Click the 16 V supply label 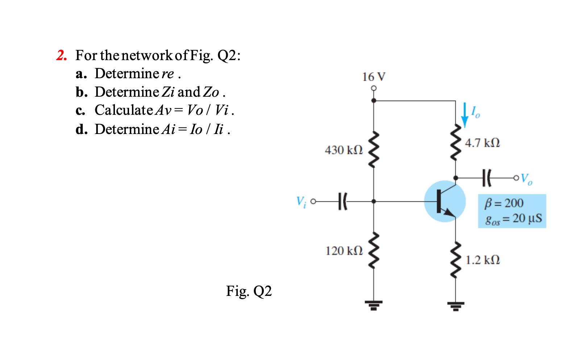(374, 77)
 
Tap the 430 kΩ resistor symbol (374, 149)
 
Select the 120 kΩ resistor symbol (374, 251)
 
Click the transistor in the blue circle (444, 201)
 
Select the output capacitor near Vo (487, 178)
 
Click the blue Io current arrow (464, 115)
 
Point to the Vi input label (301, 201)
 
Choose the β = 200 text (504, 203)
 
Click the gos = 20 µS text (513, 218)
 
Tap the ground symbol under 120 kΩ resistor (374, 305)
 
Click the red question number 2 (62, 55)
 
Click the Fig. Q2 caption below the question (249, 291)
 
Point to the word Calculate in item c (124, 110)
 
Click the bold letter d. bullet (81, 129)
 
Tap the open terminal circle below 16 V (374, 88)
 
